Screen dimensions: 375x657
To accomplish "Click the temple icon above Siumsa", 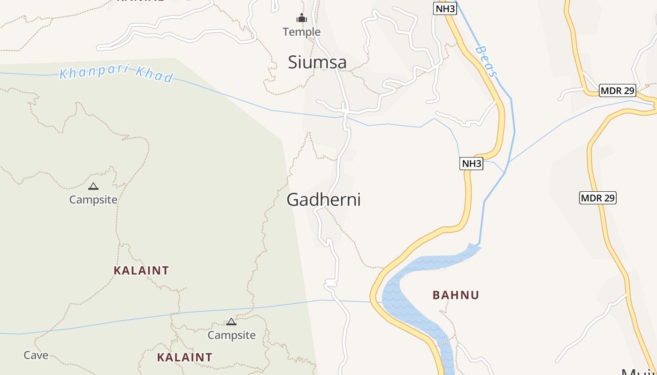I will click(x=301, y=19).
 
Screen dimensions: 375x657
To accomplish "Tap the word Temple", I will click(x=301, y=32).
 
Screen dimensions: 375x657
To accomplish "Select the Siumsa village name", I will click(x=317, y=62).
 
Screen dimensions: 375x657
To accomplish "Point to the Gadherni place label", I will click(x=323, y=200).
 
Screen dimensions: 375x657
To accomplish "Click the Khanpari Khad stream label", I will click(x=116, y=74).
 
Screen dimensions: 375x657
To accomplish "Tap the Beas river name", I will click(x=486, y=61).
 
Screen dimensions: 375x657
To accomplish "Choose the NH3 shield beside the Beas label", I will click(x=444, y=8).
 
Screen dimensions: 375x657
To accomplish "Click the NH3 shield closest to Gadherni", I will click(x=471, y=163).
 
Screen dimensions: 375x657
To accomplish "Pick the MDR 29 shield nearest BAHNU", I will click(x=597, y=198).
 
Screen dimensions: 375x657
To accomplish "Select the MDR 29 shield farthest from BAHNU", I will click(x=618, y=90).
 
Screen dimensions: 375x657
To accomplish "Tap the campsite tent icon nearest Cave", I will click(x=231, y=322).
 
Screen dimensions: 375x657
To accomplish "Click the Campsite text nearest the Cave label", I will click(x=231, y=335).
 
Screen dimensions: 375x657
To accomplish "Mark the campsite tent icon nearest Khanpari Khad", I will click(x=93, y=186).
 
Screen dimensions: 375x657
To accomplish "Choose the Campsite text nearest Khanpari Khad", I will click(x=93, y=200).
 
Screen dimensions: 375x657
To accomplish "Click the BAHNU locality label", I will click(x=456, y=295).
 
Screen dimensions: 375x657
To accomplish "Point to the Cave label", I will click(x=36, y=355).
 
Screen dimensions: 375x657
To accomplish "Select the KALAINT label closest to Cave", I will click(x=184, y=357).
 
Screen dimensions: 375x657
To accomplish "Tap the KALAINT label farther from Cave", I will click(x=141, y=270).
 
